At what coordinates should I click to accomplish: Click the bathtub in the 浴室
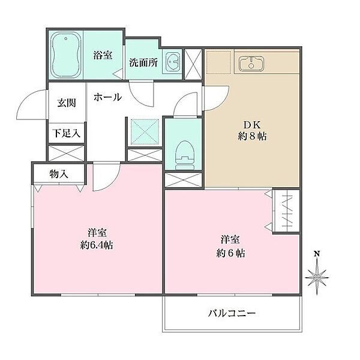65,55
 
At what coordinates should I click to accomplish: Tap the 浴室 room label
103,55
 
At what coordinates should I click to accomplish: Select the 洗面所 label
143,62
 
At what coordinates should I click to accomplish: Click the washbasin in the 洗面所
172,62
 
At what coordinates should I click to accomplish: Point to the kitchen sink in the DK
251,62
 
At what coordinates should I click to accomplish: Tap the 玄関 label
67,103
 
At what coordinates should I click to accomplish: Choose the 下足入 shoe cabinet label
67,133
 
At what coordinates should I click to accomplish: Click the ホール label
107,97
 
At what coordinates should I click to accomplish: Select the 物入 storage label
59,174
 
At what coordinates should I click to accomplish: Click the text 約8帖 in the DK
252,137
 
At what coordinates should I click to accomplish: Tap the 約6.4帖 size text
97,245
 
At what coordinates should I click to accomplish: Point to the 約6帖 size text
230,253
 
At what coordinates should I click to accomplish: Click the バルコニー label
232,313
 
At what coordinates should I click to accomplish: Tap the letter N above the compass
317,254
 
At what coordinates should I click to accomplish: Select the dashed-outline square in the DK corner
218,62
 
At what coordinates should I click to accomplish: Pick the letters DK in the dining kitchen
252,125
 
